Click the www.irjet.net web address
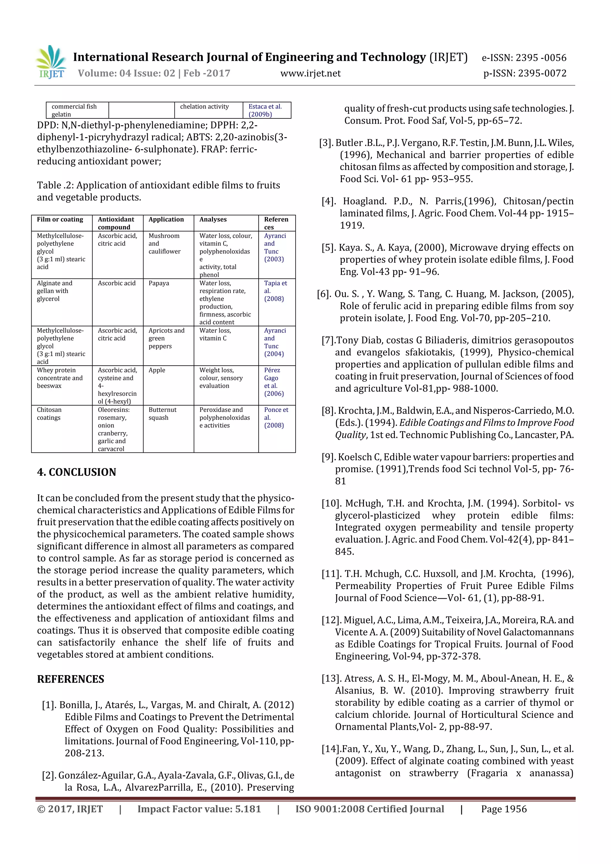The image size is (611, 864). click(x=310, y=73)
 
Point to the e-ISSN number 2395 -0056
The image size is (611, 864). click(x=524, y=58)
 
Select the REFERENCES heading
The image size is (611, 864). click(x=70, y=679)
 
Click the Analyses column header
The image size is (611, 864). click(x=213, y=220)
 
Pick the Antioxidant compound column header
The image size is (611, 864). click(x=116, y=223)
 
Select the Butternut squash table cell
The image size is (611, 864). click(x=162, y=414)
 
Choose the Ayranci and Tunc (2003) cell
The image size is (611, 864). click(x=275, y=247)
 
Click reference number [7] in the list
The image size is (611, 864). click(x=328, y=341)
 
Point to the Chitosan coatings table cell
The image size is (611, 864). click(x=49, y=414)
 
